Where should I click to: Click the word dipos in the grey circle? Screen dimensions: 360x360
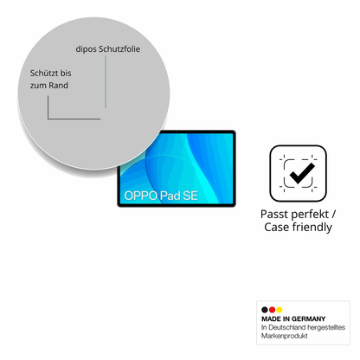(x=86, y=49)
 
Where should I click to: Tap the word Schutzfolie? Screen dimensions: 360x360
(x=119, y=48)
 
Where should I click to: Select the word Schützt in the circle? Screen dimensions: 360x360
(x=44, y=73)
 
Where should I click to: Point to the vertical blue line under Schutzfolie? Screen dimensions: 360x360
(x=106, y=81)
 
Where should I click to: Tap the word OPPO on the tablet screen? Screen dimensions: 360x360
(x=140, y=196)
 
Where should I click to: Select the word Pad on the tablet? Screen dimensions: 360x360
(x=170, y=196)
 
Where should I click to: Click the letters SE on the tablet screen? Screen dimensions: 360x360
(x=190, y=196)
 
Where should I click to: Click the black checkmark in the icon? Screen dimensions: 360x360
(x=301, y=173)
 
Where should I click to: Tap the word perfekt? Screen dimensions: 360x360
(x=313, y=215)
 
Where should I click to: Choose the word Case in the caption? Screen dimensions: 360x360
(x=277, y=227)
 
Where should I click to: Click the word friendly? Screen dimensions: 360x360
(x=312, y=227)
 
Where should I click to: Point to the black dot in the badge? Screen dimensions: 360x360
(x=265, y=310)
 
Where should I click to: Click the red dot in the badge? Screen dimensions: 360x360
(x=272, y=310)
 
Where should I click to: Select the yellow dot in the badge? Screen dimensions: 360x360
(x=280, y=310)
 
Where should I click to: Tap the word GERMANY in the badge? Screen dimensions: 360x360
(x=308, y=318)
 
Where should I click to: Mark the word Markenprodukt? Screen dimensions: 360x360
(x=285, y=336)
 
